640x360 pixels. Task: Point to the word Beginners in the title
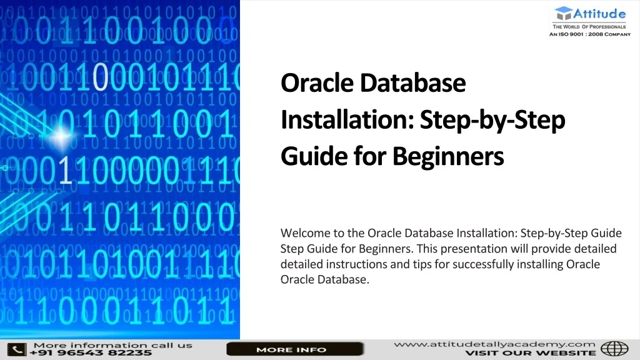point(448,156)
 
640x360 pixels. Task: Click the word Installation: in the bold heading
point(347,119)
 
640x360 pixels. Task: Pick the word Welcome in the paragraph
point(302,233)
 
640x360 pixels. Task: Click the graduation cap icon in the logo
point(563,13)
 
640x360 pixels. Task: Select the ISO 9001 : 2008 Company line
point(589,35)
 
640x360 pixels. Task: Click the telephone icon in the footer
point(16,349)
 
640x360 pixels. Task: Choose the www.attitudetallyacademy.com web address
point(494,344)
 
